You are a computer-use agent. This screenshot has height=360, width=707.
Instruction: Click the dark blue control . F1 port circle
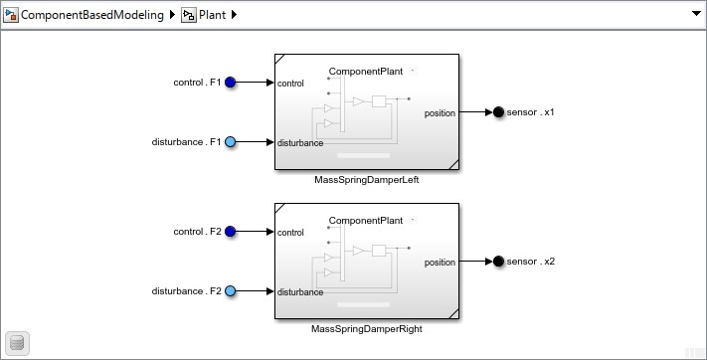click(x=230, y=83)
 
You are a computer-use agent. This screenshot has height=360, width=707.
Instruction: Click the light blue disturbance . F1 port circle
click(x=230, y=142)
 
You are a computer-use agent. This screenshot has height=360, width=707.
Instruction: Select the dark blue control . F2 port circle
click(x=230, y=232)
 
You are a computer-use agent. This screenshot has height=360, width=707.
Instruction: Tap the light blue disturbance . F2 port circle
click(x=230, y=291)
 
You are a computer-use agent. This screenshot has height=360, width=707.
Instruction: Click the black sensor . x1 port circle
click(x=497, y=112)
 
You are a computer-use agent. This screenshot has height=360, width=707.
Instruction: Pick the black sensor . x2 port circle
click(x=497, y=262)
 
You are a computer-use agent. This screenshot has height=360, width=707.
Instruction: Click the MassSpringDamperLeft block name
click(x=366, y=180)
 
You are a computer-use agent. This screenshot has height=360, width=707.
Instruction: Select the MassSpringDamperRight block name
click(x=366, y=329)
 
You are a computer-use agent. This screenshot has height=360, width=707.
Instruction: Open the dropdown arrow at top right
click(x=695, y=15)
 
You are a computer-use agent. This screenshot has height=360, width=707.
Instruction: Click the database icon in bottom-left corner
click(x=18, y=343)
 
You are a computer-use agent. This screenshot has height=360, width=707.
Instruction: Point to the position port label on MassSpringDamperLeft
click(x=440, y=112)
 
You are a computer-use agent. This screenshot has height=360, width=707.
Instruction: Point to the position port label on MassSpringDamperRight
click(x=440, y=263)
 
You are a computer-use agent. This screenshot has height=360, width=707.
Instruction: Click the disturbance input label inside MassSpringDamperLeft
click(x=300, y=143)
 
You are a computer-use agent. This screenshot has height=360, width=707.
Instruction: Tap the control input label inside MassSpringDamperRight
click(x=291, y=233)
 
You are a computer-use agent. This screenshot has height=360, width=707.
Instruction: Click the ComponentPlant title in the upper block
click(x=365, y=72)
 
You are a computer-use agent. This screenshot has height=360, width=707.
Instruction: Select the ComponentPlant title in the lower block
click(x=365, y=221)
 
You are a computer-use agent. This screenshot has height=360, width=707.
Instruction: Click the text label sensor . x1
click(x=530, y=112)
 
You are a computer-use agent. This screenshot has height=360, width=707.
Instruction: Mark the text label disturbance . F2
click(x=186, y=291)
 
